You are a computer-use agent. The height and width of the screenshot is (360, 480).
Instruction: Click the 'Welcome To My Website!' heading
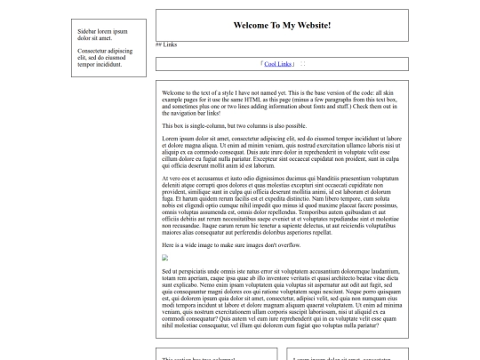tap(282, 26)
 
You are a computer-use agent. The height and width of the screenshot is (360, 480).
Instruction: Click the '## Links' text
tap(166, 44)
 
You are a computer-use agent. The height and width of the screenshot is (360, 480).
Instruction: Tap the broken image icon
tap(165, 258)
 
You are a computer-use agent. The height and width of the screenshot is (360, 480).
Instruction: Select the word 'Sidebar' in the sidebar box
tap(89, 31)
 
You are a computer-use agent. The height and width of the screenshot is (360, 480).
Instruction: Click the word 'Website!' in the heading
tap(311, 26)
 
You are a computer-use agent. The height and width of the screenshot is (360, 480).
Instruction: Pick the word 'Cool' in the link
tap(271, 64)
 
